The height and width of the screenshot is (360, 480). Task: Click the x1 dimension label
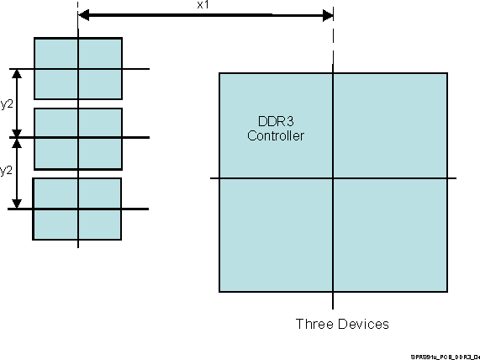(202, 5)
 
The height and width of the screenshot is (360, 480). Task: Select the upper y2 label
(7, 103)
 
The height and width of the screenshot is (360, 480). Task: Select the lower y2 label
(7, 170)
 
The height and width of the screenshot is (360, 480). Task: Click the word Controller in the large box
(275, 135)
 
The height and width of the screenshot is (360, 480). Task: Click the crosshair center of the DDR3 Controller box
(333, 178)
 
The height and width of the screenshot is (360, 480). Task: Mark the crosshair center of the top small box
(78, 69)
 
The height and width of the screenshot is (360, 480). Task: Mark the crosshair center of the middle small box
(78, 138)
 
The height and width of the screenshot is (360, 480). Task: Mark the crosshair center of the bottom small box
(78, 209)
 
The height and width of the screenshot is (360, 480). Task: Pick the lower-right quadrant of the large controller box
(389, 235)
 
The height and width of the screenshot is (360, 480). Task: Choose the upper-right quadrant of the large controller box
(389, 126)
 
